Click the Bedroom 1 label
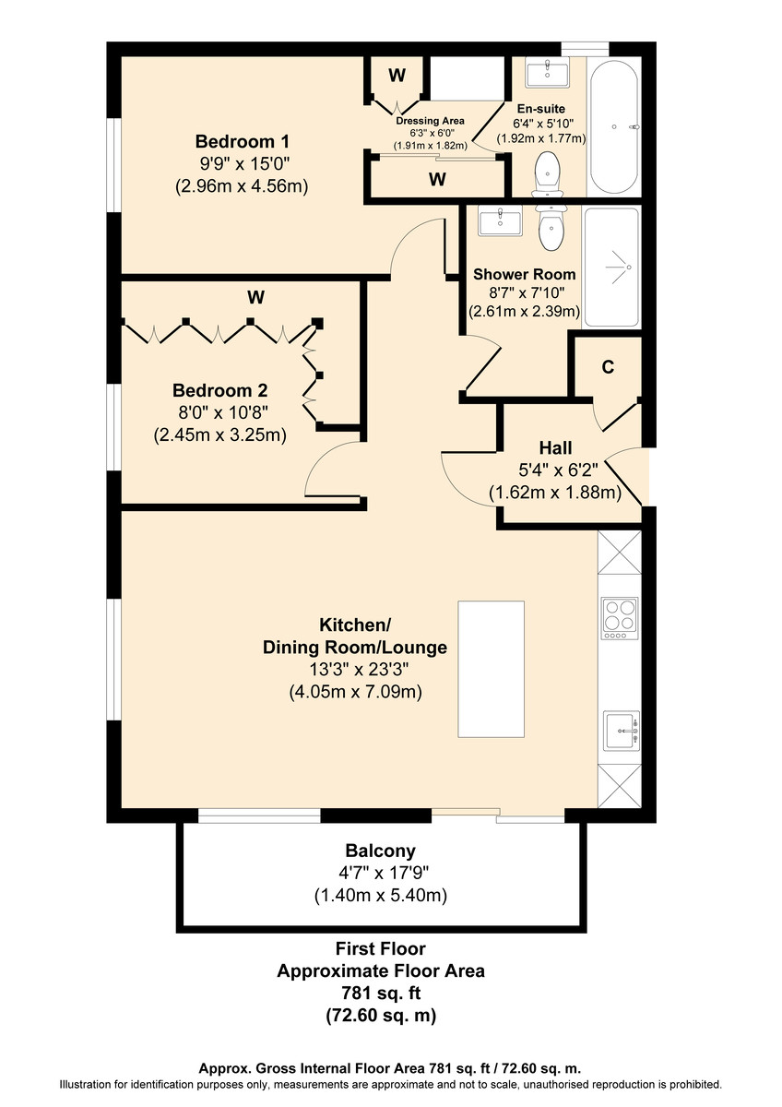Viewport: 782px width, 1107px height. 242,141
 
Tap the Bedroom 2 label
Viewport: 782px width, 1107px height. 219,390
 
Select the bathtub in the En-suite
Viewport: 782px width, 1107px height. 614,126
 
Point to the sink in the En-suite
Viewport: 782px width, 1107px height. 548,73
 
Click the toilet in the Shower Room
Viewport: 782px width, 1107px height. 551,227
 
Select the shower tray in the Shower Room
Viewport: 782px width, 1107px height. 611,268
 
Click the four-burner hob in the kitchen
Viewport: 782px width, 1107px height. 619,618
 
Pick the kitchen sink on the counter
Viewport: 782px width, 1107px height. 622,731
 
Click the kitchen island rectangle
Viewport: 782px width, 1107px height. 491,669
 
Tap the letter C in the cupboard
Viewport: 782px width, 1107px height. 608,367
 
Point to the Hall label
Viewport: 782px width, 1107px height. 555,447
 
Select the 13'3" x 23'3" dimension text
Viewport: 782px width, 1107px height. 359,670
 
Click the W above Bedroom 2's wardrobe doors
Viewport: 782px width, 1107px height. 255,297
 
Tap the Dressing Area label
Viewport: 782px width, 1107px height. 430,121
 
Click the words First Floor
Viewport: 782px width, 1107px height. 380,948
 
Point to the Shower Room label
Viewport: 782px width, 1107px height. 524,274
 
